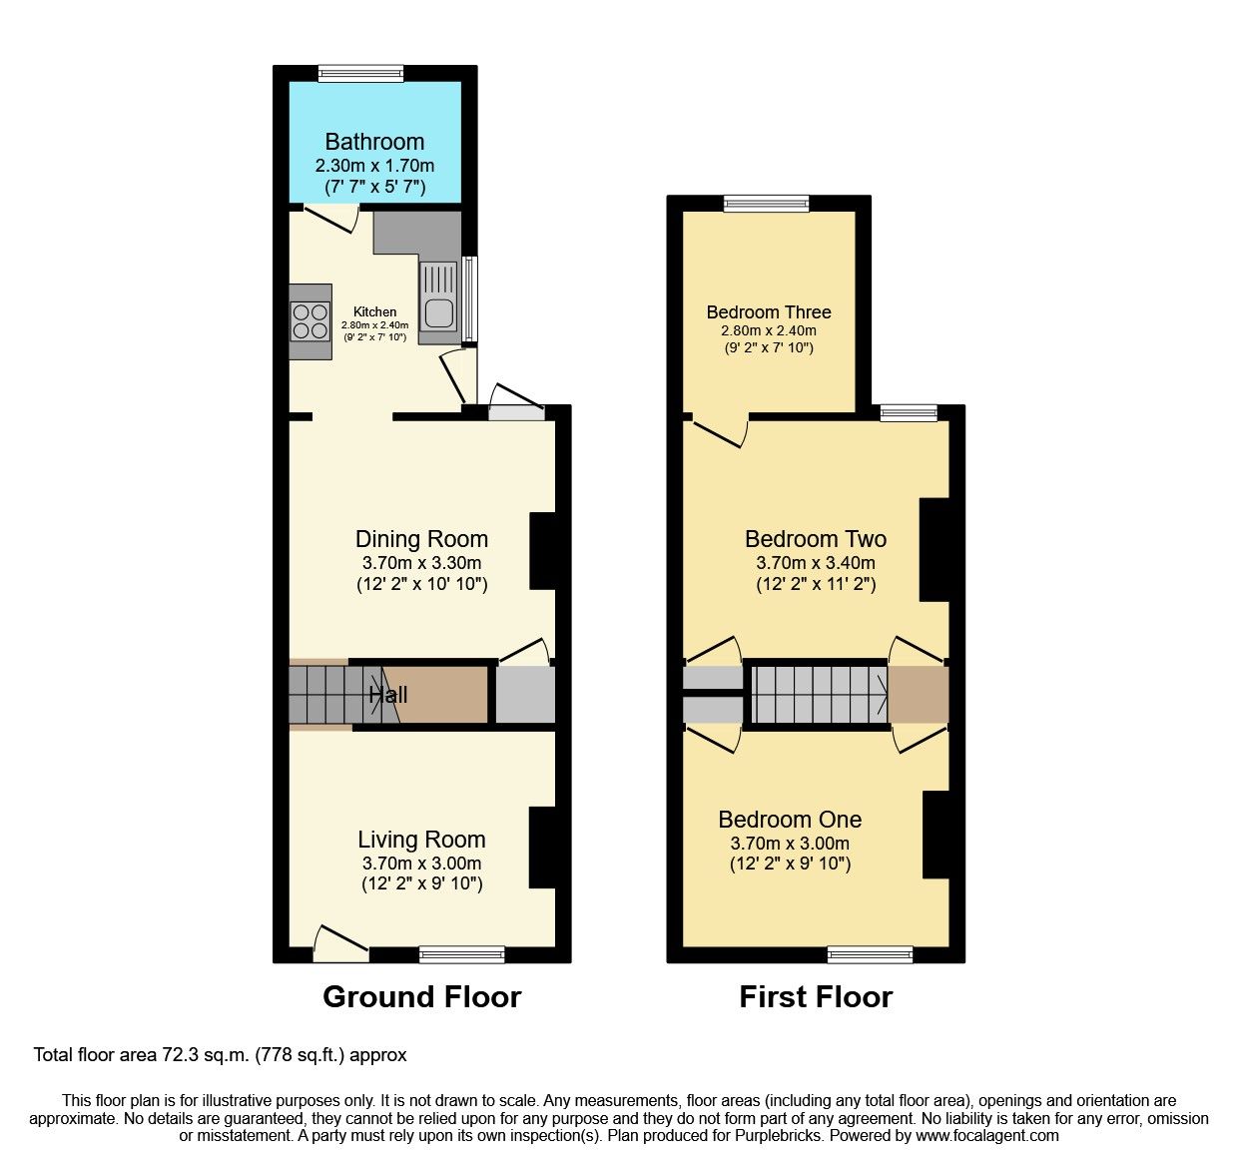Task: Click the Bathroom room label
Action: click(x=374, y=142)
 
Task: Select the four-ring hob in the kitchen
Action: click(x=310, y=321)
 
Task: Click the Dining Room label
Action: click(x=421, y=539)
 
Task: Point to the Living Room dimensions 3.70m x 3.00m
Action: click(x=421, y=864)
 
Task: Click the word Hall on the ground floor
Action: click(x=388, y=695)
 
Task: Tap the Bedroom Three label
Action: click(x=768, y=312)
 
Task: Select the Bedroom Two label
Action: click(x=815, y=539)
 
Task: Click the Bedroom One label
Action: click(x=790, y=820)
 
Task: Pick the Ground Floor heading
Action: click(x=421, y=996)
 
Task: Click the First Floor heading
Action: click(x=815, y=996)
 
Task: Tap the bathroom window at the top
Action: click(x=361, y=73)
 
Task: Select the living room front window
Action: click(x=461, y=955)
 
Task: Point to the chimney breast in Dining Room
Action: click(x=542, y=551)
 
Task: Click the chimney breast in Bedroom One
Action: click(x=935, y=835)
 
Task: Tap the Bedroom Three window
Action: click(x=767, y=204)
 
